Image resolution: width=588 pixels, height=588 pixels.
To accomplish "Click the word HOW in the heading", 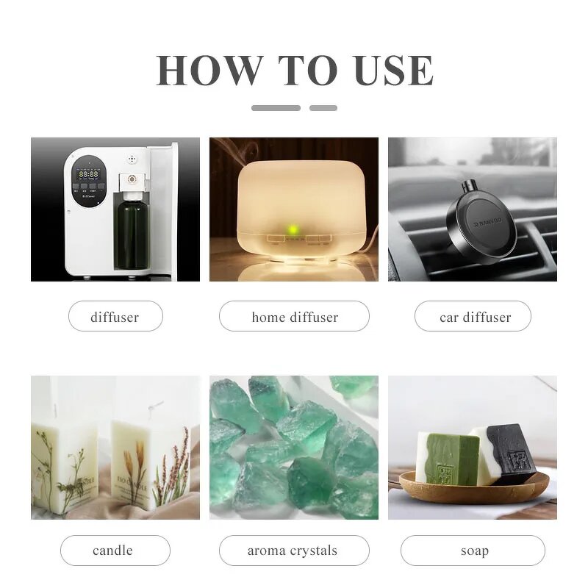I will coord(200,71).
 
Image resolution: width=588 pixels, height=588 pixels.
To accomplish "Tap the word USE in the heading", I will coord(394,71).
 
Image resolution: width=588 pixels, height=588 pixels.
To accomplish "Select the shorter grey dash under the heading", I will coord(323,108).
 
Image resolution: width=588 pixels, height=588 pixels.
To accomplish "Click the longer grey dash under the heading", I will coord(276,108).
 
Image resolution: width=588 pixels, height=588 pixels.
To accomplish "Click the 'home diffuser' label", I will coord(294,317).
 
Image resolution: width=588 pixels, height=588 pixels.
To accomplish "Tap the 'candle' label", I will coord(115,550).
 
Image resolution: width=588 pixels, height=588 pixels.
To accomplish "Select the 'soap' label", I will coord(473,550).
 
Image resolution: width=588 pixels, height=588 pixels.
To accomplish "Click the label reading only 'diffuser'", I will coord(115,317).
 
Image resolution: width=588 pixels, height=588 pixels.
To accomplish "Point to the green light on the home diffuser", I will coord(293,231).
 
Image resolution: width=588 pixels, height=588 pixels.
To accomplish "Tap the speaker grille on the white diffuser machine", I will coord(133,158).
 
